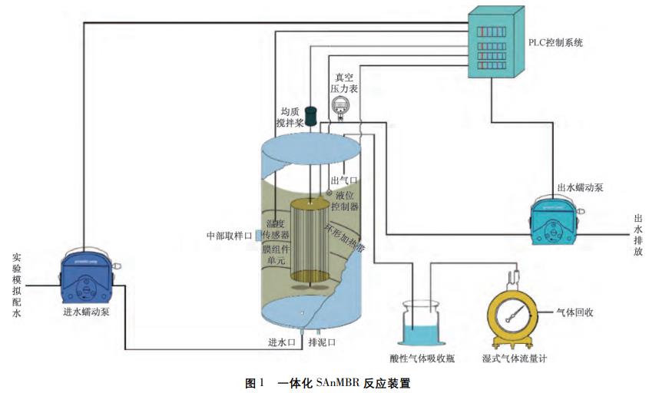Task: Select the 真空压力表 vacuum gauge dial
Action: [339, 110]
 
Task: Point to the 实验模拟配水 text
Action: [17, 285]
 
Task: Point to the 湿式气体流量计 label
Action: [515, 357]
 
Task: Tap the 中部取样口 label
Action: [229, 236]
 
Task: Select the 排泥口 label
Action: [322, 342]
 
